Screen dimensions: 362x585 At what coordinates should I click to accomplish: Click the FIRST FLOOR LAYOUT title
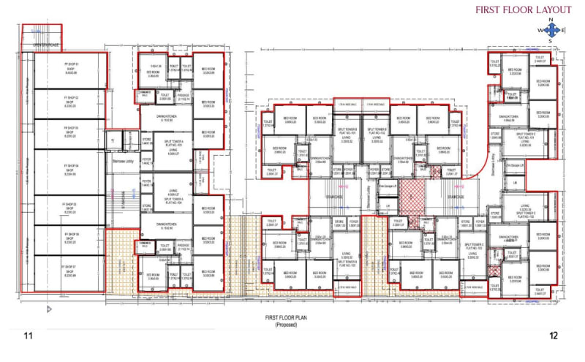tap(523, 10)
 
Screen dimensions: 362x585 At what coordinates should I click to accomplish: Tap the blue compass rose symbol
tap(552, 30)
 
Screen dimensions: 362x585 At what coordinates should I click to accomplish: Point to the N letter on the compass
tap(552, 20)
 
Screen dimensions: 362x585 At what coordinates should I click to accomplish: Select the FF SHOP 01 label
tap(71, 70)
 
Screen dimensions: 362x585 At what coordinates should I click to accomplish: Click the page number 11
tap(29, 336)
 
